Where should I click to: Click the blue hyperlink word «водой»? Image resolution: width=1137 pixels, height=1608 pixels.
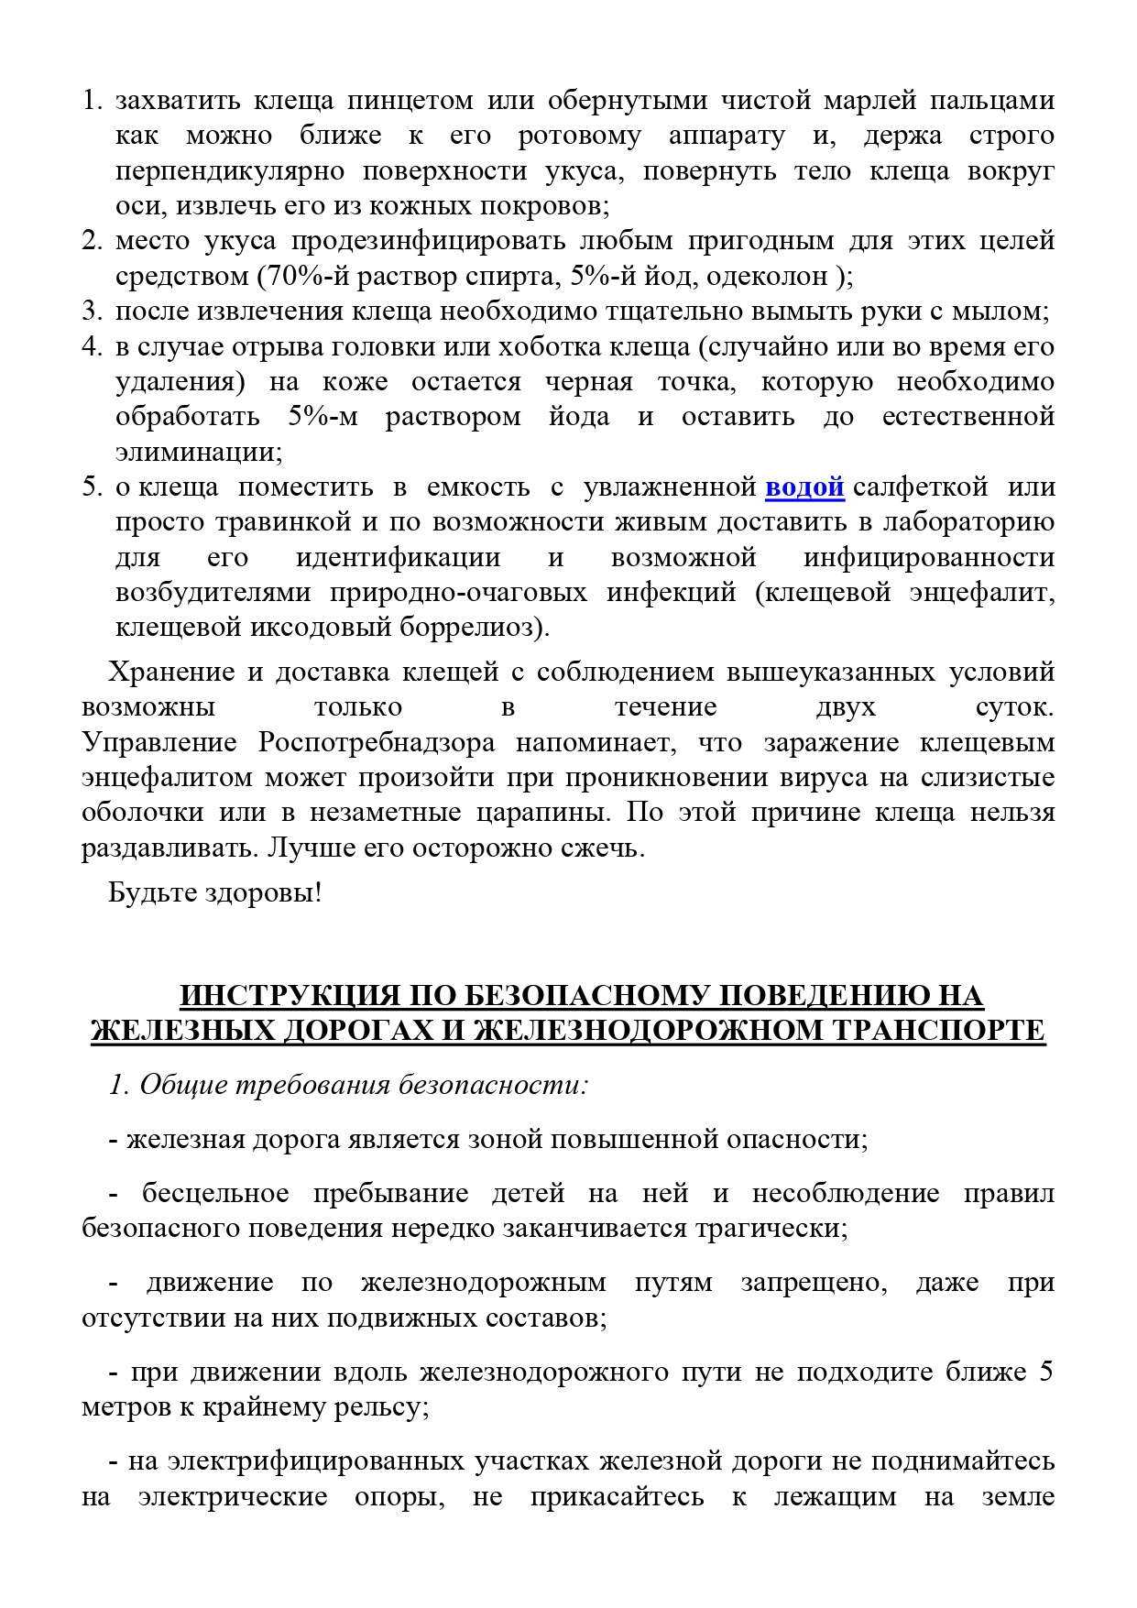click(804, 487)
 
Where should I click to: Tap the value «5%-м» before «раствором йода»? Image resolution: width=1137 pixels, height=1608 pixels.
click(323, 417)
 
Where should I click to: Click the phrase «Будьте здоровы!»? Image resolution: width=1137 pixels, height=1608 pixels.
click(214, 892)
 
